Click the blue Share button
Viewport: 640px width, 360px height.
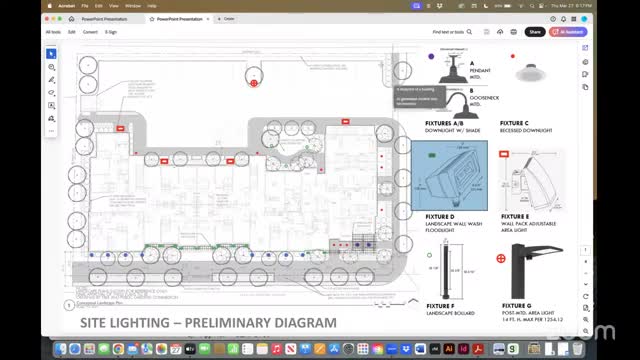535,32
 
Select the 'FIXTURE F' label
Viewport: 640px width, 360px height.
440,305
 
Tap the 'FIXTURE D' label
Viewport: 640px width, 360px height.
440,215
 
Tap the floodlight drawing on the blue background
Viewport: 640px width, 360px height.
448,176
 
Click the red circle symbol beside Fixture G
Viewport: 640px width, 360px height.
501,259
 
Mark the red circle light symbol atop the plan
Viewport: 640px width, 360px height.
254,82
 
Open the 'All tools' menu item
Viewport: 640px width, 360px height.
53,32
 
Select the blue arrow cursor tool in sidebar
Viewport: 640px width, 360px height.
52,54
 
